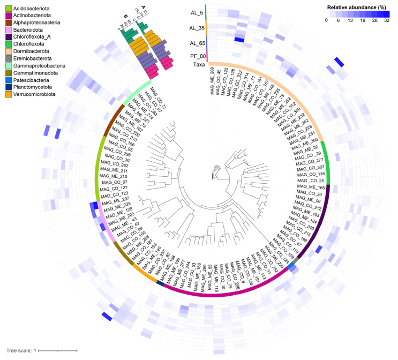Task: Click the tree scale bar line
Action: coord(58,350)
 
